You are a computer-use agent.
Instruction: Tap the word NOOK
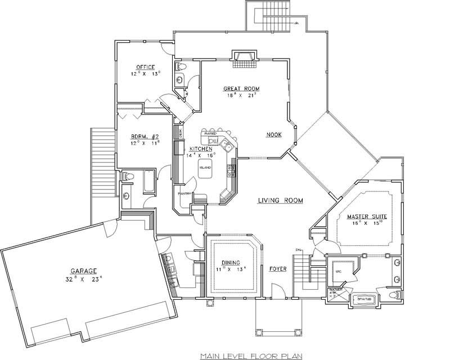click(x=274, y=135)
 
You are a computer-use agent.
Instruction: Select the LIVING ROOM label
click(x=281, y=200)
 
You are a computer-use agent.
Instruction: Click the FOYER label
click(x=278, y=269)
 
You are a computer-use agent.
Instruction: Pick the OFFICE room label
click(x=129, y=67)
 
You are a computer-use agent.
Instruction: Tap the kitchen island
click(x=204, y=171)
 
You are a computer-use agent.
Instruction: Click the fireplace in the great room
click(x=245, y=57)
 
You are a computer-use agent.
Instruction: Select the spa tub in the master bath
click(x=362, y=299)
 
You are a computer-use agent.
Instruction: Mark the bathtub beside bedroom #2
click(x=147, y=182)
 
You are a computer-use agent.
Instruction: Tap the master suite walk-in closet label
click(x=338, y=271)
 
